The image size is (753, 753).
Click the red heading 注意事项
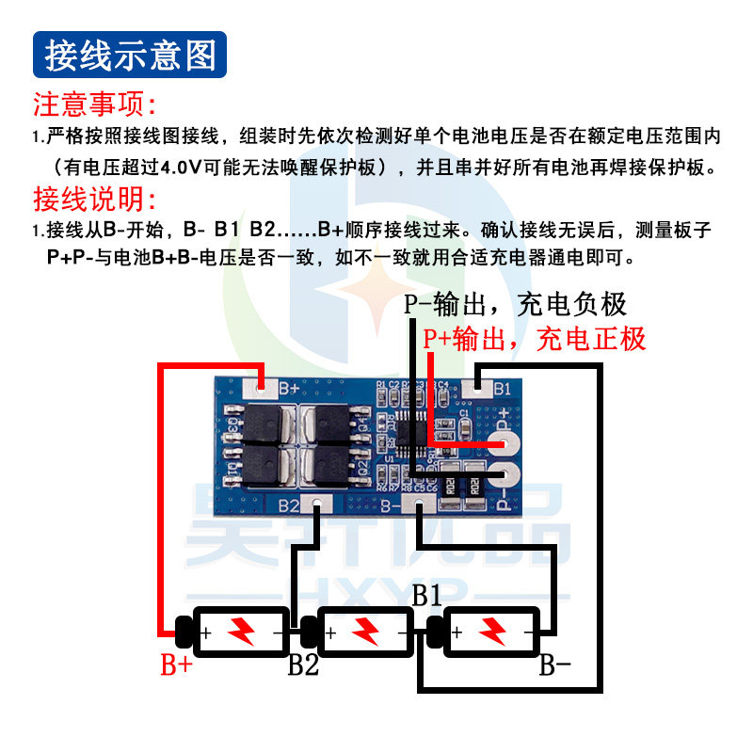click(x=94, y=103)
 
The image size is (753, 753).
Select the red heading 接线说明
click(x=94, y=199)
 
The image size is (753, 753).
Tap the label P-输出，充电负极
click(x=515, y=304)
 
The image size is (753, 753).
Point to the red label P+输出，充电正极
click(x=535, y=338)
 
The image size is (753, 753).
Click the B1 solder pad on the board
click(x=479, y=386)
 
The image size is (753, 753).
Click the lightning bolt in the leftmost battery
click(x=241, y=631)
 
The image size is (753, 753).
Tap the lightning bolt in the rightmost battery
click(x=490, y=631)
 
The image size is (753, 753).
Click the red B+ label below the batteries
click(x=176, y=665)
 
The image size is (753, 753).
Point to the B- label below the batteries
click(x=554, y=665)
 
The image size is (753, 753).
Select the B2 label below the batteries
click(x=303, y=665)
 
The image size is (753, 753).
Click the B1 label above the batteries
click(x=426, y=595)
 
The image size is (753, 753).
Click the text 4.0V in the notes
click(x=189, y=169)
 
